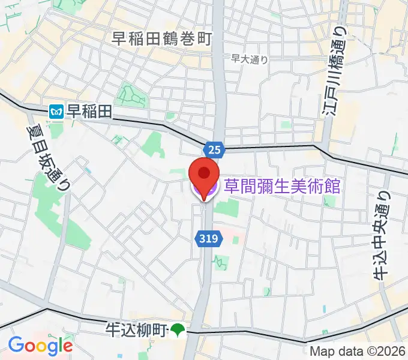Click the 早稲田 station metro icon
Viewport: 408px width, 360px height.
[x=57, y=111]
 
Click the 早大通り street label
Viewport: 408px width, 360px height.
[x=249, y=59]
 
